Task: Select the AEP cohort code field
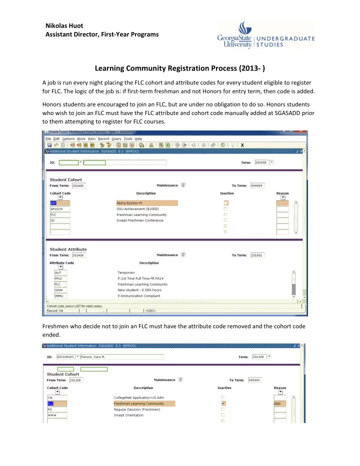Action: pos(59,203)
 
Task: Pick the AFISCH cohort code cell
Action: pos(59,209)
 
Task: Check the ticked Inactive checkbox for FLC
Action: pos(223,403)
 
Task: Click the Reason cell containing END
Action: pos(282,403)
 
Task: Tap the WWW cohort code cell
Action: pos(58,415)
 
